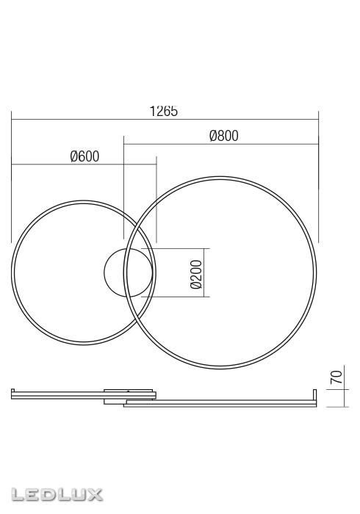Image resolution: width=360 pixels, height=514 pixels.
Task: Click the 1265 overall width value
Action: click(164, 112)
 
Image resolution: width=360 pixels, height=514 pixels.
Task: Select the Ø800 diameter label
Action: click(223, 136)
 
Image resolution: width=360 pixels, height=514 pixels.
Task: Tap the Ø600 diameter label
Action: click(84, 156)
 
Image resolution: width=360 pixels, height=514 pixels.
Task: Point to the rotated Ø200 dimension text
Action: click(196, 273)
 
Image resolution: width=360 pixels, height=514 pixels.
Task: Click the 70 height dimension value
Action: click(336, 379)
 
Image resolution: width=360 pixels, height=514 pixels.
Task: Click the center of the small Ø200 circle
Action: click(129, 272)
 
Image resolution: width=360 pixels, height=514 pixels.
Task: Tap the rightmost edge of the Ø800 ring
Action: click(317, 272)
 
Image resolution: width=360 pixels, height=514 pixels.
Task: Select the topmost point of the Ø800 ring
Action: click(220, 176)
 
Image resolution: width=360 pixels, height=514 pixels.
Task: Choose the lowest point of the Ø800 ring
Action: click(220, 369)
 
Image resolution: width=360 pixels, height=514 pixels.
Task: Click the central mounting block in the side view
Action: click(130, 394)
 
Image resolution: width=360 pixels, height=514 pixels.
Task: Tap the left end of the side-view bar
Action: click(13, 394)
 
